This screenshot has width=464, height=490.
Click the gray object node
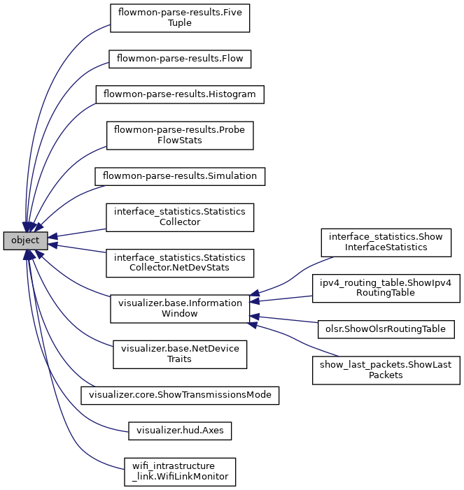pyautogui.click(x=25, y=240)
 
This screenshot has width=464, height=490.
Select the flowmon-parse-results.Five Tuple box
pyautogui.click(x=180, y=17)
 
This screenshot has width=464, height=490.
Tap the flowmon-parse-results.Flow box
pyautogui.click(x=180, y=59)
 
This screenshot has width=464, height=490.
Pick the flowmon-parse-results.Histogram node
pyautogui.click(x=180, y=94)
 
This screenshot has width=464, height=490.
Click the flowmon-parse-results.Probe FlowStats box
pyautogui.click(x=180, y=135)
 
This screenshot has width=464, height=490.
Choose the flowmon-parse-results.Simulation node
pyautogui.click(x=180, y=176)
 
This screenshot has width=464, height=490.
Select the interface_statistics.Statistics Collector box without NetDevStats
pyautogui.click(x=180, y=217)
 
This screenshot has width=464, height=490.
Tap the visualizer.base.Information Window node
pyautogui.click(x=180, y=308)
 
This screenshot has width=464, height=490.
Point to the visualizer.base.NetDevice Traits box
pyautogui.click(x=180, y=354)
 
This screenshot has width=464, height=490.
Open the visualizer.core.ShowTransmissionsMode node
pyautogui.click(x=180, y=395)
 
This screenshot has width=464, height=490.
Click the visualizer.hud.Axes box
pyautogui.click(x=180, y=431)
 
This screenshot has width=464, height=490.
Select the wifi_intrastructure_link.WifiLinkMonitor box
pyautogui.click(x=180, y=472)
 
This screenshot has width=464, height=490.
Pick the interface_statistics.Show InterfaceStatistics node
pyautogui.click(x=386, y=242)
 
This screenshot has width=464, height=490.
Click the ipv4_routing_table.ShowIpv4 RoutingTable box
pyautogui.click(x=386, y=288)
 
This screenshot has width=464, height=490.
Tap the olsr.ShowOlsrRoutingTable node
pyautogui.click(x=386, y=328)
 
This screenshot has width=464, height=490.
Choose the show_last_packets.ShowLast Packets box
pyautogui.click(x=386, y=370)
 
